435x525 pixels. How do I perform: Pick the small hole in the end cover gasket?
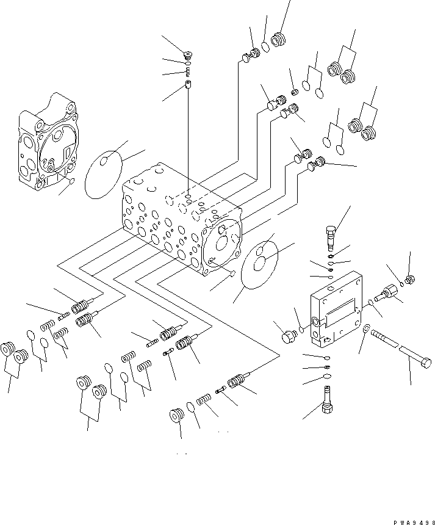104,161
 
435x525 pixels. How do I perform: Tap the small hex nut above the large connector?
410,280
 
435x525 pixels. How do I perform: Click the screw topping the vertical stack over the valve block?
189,57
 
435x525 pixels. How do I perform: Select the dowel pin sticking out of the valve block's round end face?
232,273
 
